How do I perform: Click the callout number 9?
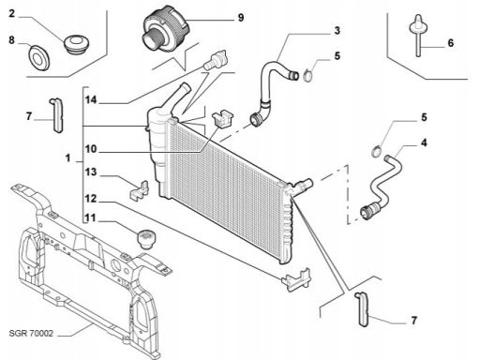tap(240, 18)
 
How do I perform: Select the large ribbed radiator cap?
tap(165, 29)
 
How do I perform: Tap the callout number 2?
tap(11, 14)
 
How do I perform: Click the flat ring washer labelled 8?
tap(38, 58)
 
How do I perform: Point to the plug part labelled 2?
tap(76, 44)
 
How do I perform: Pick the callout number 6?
tap(450, 43)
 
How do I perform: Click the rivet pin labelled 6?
tap(418, 35)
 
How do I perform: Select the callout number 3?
tap(337, 31)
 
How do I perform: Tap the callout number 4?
tap(424, 143)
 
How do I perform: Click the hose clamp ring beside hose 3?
tap(307, 76)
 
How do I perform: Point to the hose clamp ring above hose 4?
tap(377, 151)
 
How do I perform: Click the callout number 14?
tap(91, 100)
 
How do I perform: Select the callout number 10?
tap(91, 149)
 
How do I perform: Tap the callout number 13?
tap(91, 172)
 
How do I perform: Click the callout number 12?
tap(91, 199)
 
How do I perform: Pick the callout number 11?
tap(90, 218)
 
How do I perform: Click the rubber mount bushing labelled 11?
tap(146, 239)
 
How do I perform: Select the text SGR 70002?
tap(31, 334)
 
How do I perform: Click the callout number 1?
tap(67, 158)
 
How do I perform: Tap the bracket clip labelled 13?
tap(139, 189)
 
